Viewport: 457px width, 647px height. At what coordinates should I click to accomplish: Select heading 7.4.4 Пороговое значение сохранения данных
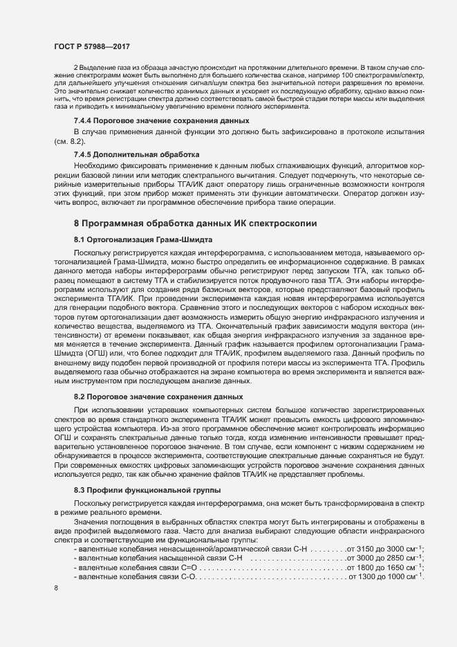152,121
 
